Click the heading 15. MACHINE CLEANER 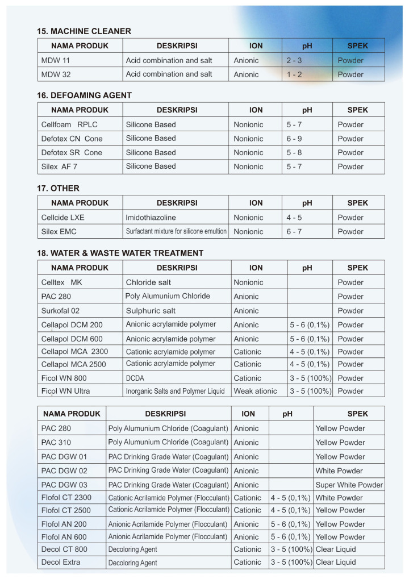click(84, 31)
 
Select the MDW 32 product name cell click(56, 74)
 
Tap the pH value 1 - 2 click(294, 74)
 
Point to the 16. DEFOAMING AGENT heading click(84, 95)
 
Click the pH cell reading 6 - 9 click(294, 139)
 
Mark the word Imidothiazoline click(151, 218)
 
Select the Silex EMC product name click(59, 231)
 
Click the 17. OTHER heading click(59, 188)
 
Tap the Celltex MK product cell click(61, 282)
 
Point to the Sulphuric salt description click(151, 311)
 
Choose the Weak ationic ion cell click(256, 391)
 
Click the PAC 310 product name click(56, 443)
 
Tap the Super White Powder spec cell click(349, 485)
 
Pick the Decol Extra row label click(61, 563)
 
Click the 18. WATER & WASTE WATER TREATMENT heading click(120, 253)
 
